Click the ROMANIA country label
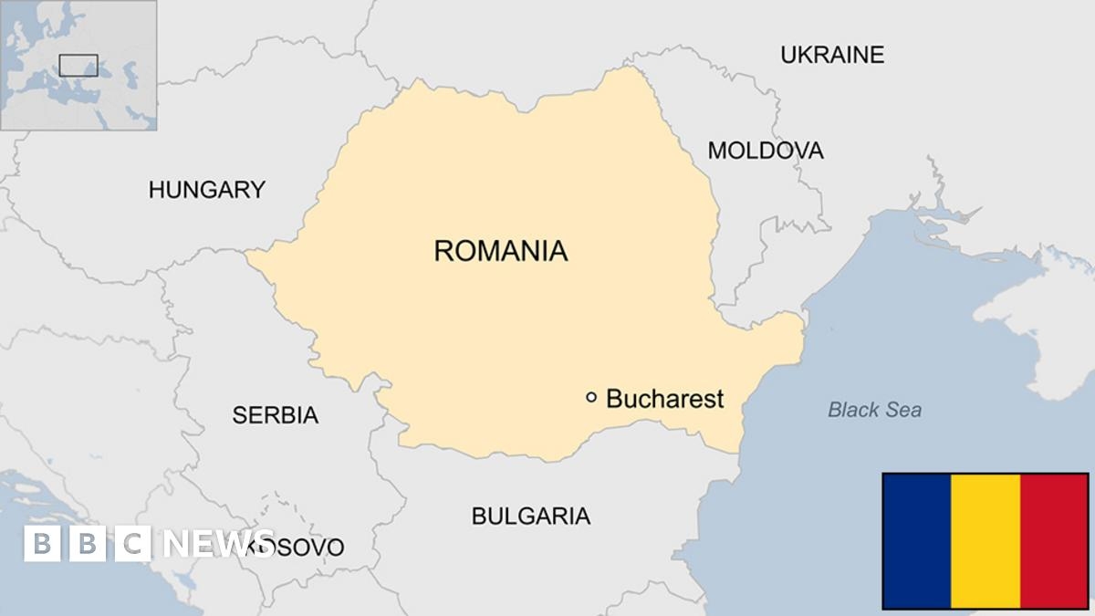pos(500,250)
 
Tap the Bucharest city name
pos(664,399)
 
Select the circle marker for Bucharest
pos(591,397)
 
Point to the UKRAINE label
pos(831,55)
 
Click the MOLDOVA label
pos(765,151)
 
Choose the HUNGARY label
pos(207,190)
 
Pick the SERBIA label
pos(275,415)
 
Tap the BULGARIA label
pos(530,516)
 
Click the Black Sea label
pos(874,410)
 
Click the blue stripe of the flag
pos(916,540)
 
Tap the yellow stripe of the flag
pos(985,540)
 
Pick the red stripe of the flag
pos(1054,540)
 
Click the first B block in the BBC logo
pos(41,544)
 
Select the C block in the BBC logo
pos(134,544)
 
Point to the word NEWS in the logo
pos(218,544)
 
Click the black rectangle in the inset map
pos(78,65)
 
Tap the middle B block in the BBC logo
pos(88,544)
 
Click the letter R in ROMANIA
pos(444,250)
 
